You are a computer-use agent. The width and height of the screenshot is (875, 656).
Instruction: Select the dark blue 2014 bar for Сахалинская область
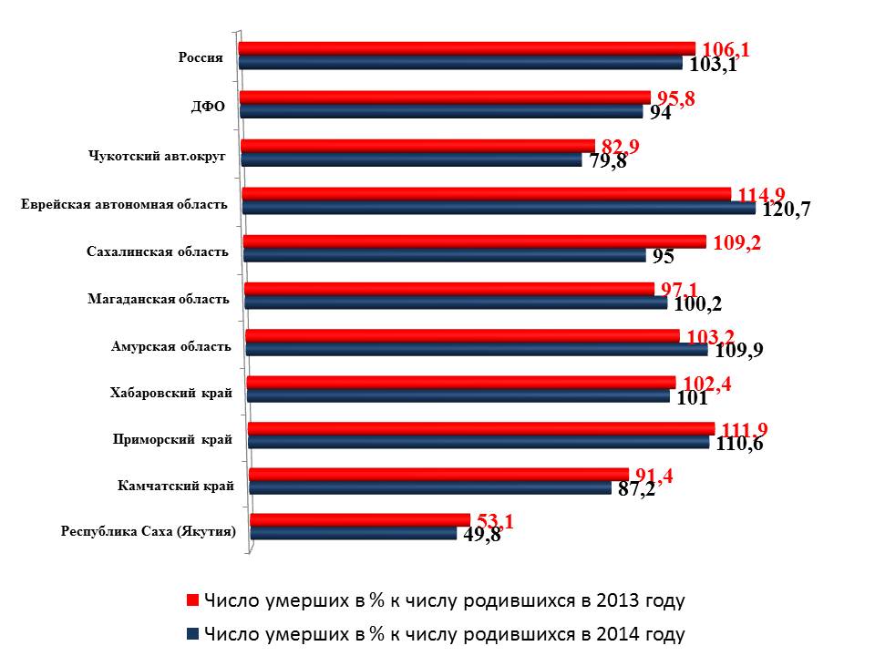(x=445, y=255)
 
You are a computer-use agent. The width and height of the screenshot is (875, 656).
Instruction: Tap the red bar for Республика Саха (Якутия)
(x=359, y=519)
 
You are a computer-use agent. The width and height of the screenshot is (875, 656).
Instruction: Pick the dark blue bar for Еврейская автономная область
(x=499, y=208)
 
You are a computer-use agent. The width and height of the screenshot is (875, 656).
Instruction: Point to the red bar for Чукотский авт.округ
(x=417, y=145)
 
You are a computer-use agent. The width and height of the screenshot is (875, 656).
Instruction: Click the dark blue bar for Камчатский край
(x=429, y=487)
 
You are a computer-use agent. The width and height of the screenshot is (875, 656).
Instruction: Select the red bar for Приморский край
(x=480, y=427)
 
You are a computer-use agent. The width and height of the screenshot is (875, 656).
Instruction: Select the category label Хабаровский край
(x=170, y=393)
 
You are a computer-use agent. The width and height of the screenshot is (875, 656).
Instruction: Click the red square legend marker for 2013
(x=192, y=600)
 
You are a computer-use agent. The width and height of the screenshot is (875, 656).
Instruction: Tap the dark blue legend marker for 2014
(x=192, y=633)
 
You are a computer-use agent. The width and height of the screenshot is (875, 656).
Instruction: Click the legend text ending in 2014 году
(x=444, y=633)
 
